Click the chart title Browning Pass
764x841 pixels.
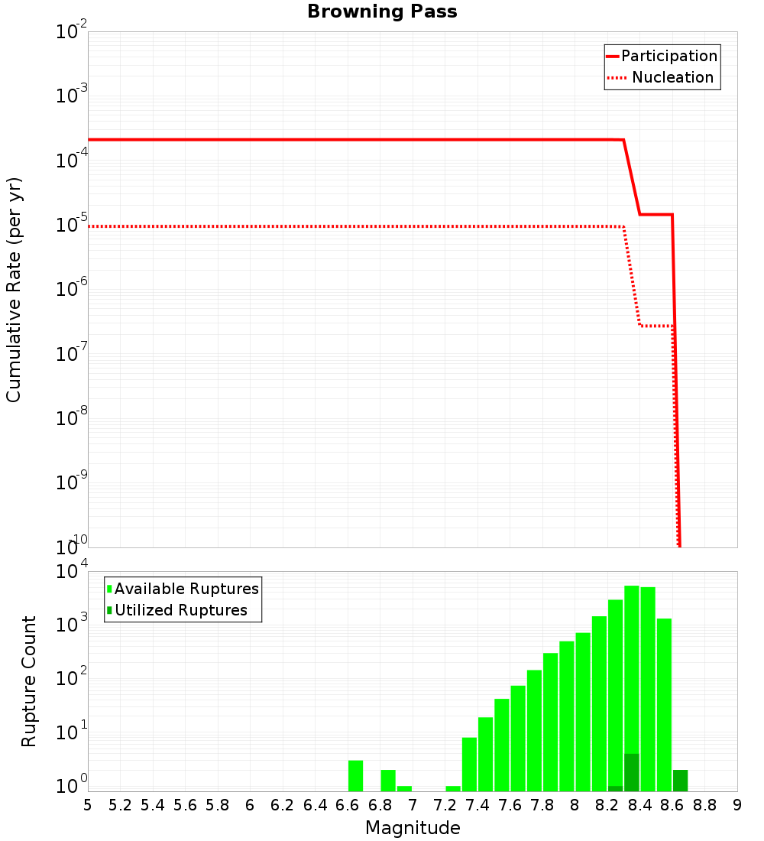coord(382,11)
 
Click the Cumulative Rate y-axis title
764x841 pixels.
coord(14,290)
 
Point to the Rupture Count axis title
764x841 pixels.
coord(29,681)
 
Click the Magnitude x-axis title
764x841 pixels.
coord(413,828)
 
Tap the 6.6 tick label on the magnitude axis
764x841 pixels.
coord(347,805)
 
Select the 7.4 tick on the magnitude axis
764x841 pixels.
coord(477,805)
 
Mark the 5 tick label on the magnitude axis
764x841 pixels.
coord(88,805)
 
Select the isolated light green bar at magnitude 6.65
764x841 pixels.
coord(355,775)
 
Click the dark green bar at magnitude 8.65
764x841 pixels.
coord(680,781)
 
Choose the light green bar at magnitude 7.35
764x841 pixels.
coord(469,764)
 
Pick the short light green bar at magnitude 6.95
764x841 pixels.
coord(404,788)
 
